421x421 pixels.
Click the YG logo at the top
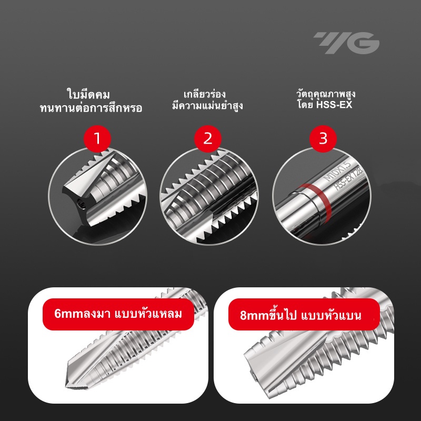click(x=346, y=43)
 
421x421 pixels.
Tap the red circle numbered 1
click(x=97, y=139)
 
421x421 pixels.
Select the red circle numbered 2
click(x=208, y=139)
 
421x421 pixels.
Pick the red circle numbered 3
click(x=323, y=139)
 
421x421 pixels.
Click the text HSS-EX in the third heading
click(x=334, y=105)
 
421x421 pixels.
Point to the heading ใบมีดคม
click(x=88, y=95)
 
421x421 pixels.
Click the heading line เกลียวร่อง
click(x=205, y=94)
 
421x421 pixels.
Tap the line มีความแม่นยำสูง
click(x=207, y=106)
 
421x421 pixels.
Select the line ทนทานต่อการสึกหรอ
click(x=91, y=108)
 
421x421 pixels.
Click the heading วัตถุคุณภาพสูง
click(x=326, y=94)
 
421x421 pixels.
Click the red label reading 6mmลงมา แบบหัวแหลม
click(x=118, y=314)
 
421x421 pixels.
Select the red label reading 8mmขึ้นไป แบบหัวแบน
click(x=304, y=314)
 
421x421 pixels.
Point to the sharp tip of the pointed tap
click(x=66, y=387)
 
